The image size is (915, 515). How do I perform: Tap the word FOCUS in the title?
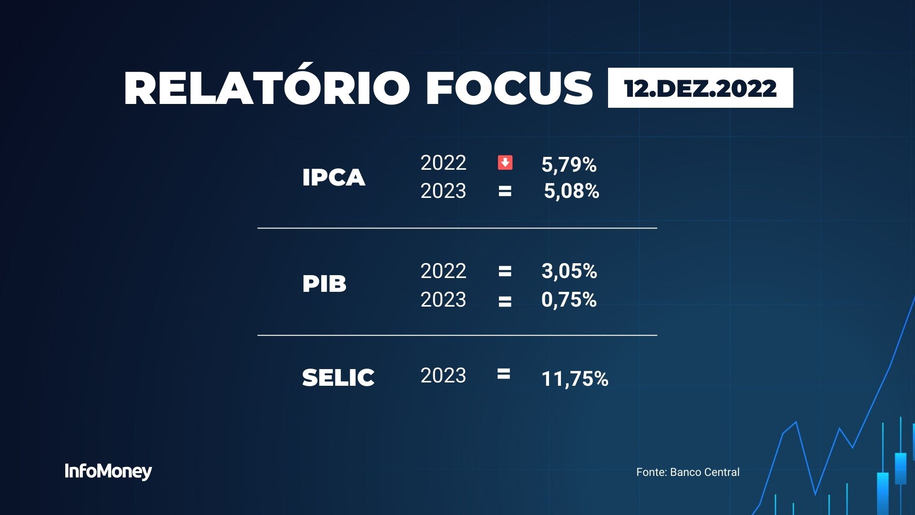pyautogui.click(x=509, y=88)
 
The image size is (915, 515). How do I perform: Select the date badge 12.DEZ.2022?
pyautogui.click(x=701, y=88)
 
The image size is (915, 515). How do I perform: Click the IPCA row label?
pyautogui.click(x=334, y=177)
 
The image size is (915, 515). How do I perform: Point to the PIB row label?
pyautogui.click(x=324, y=284)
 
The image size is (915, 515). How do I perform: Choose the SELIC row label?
pyautogui.click(x=338, y=377)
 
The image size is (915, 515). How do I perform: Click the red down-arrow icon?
pyautogui.click(x=505, y=163)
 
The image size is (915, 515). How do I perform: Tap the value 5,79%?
pyautogui.click(x=569, y=165)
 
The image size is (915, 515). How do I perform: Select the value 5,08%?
pyautogui.click(x=571, y=191)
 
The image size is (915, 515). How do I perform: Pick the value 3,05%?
pyautogui.click(x=569, y=271)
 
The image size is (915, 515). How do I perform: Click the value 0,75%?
pyautogui.click(x=569, y=300)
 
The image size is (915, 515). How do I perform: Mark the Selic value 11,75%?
pyautogui.click(x=575, y=379)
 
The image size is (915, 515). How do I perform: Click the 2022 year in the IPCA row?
pyautogui.click(x=443, y=163)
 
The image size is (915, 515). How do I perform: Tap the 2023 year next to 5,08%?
pyautogui.click(x=443, y=191)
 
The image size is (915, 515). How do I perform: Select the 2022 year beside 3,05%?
pyautogui.click(x=443, y=271)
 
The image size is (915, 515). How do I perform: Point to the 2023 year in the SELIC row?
pyautogui.click(x=443, y=376)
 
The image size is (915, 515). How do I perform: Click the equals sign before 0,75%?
pyautogui.click(x=505, y=301)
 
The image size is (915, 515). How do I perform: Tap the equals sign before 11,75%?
pyautogui.click(x=504, y=374)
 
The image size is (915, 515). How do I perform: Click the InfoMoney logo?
pyautogui.click(x=108, y=472)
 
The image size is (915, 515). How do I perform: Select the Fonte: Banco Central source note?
pyautogui.click(x=688, y=472)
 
